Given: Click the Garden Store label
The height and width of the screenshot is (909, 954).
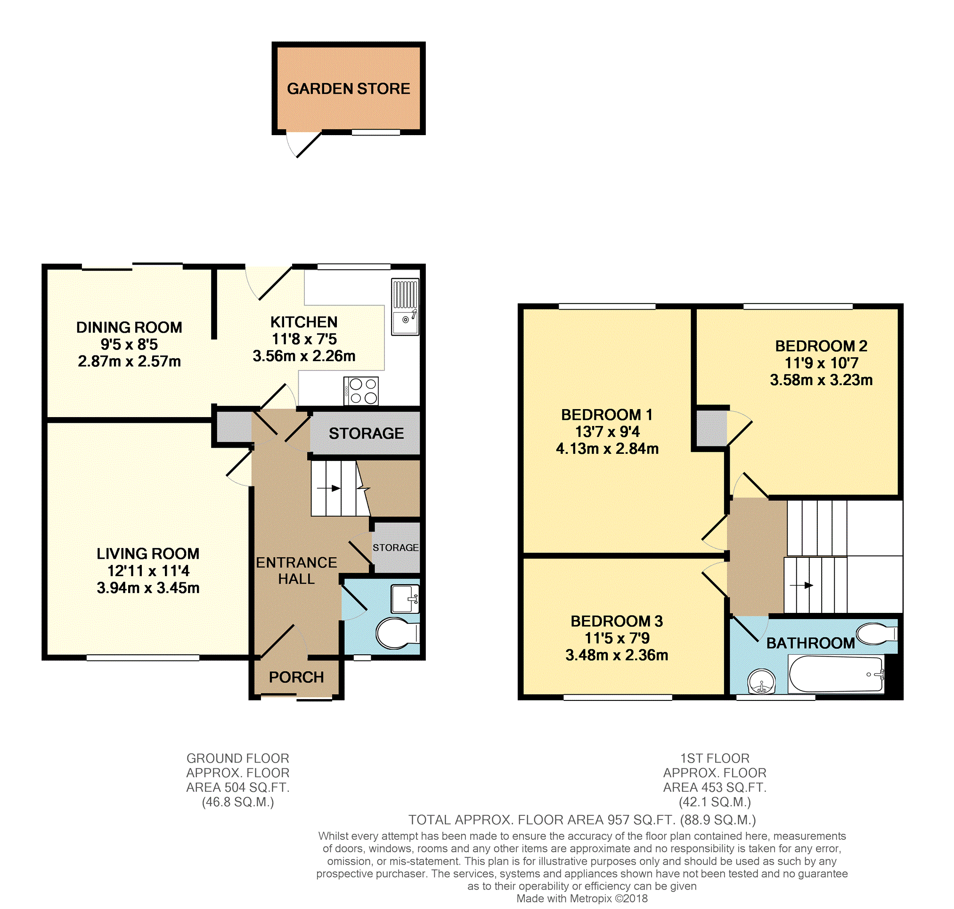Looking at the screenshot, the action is (348, 88).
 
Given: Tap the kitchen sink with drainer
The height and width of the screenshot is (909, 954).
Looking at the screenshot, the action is (405, 306).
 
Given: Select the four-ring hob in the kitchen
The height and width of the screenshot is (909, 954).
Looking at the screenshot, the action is (361, 391).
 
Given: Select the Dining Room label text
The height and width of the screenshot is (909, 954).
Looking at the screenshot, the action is (129, 328).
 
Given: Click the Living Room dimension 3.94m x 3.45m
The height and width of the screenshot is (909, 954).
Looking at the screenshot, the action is (148, 588).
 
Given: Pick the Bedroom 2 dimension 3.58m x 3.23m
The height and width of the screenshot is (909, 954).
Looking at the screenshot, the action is (821, 380).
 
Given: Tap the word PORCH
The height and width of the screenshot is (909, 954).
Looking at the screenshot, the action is (296, 677).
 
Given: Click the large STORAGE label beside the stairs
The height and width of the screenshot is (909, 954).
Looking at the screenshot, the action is (366, 433).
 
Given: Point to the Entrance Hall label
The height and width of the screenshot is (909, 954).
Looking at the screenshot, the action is (296, 571).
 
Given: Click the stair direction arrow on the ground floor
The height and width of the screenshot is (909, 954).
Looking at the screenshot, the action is (328, 489).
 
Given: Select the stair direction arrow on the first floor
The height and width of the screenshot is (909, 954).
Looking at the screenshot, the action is (801, 585).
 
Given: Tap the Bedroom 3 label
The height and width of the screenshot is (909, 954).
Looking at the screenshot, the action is (616, 621).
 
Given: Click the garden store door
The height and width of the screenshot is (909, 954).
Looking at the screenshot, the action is (309, 145).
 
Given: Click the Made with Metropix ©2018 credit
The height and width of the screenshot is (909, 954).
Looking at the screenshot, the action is (582, 899).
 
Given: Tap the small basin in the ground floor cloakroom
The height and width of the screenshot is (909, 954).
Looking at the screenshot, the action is (405, 599).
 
